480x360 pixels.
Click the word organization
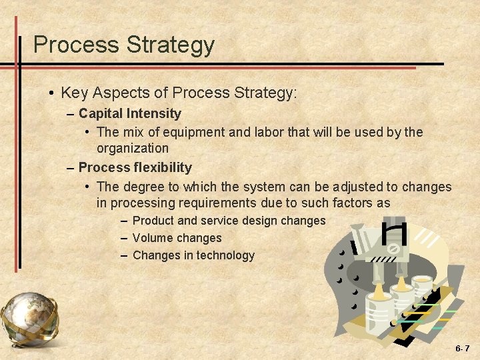(x=133, y=148)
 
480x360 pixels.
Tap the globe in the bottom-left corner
(x=28, y=318)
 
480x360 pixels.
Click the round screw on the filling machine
(x=393, y=249)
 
